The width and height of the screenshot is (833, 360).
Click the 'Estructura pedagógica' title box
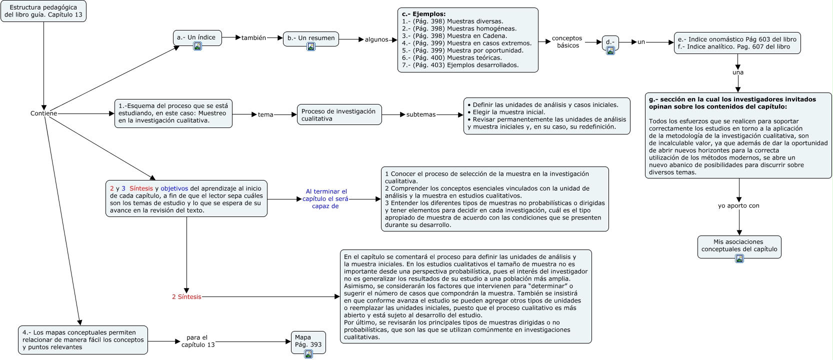coord(43,11)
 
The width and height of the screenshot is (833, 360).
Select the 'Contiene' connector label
coord(43,113)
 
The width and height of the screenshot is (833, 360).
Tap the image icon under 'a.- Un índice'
coord(197,46)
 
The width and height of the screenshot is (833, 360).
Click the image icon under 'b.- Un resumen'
coord(311,46)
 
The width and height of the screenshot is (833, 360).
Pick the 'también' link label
coord(253,38)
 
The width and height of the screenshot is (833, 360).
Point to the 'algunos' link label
coord(376,39)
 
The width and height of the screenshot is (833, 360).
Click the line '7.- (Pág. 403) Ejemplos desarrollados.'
coord(460,65)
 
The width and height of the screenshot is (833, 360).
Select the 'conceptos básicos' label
coord(567,42)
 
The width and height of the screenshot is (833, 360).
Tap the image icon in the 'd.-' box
coord(610,50)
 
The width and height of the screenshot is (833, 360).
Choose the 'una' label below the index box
coord(738,72)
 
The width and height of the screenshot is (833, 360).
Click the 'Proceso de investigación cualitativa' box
coord(339,115)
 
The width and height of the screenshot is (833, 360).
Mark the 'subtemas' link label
coord(421,114)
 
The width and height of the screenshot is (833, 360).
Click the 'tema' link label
coord(265,115)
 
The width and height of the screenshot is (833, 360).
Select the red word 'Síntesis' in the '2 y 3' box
coord(141,188)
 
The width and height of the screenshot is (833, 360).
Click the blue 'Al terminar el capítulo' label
coord(325,198)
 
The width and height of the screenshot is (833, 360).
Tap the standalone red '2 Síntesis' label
coord(186,297)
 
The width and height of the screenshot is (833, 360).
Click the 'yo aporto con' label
coord(738,205)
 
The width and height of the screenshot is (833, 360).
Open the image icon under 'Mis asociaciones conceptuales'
coord(739,258)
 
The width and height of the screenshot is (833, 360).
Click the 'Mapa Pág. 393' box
coord(308,341)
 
